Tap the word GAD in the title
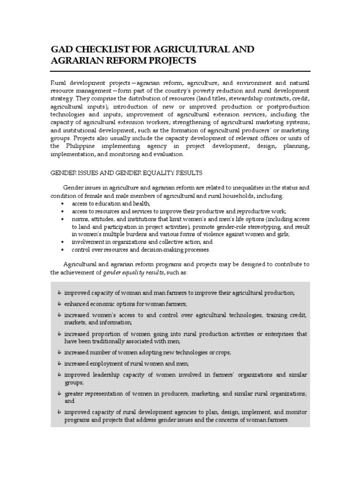tap(61, 49)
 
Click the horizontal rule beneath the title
tap(180, 71)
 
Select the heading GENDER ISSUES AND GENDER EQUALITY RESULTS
tap(126, 173)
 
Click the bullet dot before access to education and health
tap(62, 204)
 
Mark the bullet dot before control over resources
tap(62, 249)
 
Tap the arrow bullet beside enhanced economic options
tap(60, 304)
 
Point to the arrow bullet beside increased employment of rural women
tap(60, 363)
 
